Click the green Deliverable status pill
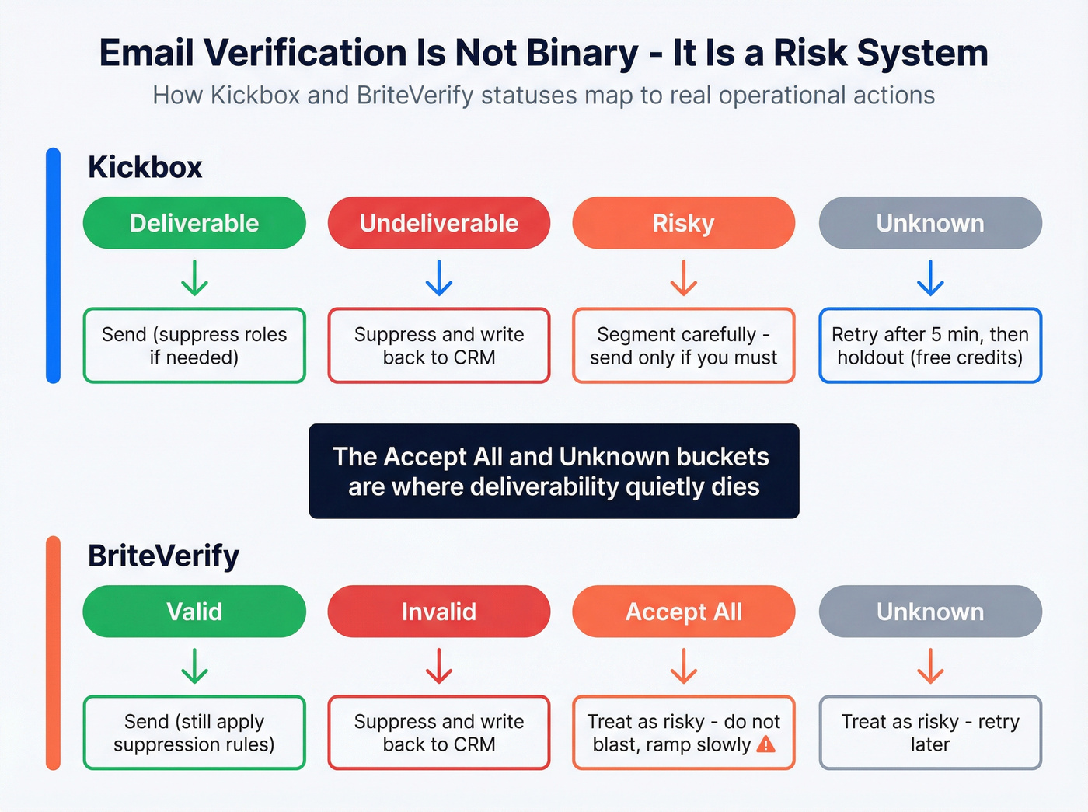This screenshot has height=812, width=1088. pyautogui.click(x=194, y=223)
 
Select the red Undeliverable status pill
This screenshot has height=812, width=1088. pyautogui.click(x=439, y=223)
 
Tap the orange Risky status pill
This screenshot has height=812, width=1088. pyautogui.click(x=683, y=223)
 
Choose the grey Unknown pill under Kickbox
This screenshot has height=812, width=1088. pyautogui.click(x=930, y=223)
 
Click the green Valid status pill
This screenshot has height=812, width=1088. pyautogui.click(x=194, y=612)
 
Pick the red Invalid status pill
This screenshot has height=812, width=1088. pyautogui.click(x=439, y=612)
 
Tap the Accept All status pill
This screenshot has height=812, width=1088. pyautogui.click(x=683, y=612)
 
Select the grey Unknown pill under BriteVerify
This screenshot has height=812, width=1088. pyautogui.click(x=930, y=612)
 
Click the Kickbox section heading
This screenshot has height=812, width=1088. pyautogui.click(x=145, y=167)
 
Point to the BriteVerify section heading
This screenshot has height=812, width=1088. pyautogui.click(x=163, y=556)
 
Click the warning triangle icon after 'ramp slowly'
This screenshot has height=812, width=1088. pyautogui.click(x=765, y=744)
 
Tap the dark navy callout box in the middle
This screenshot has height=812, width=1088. pyautogui.click(x=553, y=471)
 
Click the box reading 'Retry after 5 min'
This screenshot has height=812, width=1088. pyautogui.click(x=930, y=346)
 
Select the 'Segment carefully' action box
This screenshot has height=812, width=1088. pyautogui.click(x=683, y=346)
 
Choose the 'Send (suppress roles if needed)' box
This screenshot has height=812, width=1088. pyautogui.click(x=194, y=346)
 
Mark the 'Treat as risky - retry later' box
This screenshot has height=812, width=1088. pyautogui.click(x=930, y=733)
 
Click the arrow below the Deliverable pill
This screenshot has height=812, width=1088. pyautogui.click(x=194, y=278)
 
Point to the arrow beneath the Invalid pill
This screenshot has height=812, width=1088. pyautogui.click(x=439, y=666)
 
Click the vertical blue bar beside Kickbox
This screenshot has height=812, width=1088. pyautogui.click(x=53, y=265)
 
